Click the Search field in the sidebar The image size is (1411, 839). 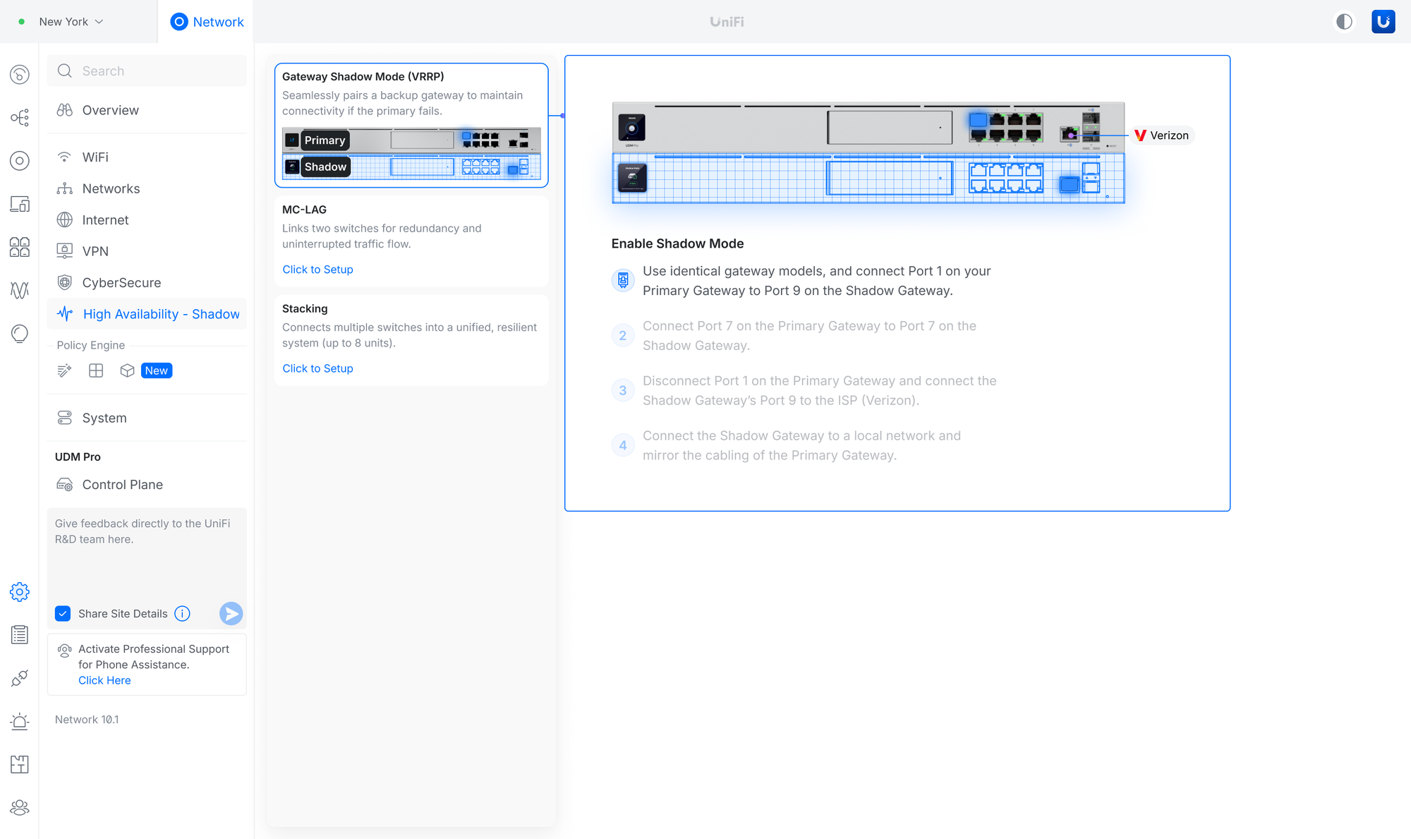coord(147,71)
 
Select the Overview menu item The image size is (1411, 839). coord(110,110)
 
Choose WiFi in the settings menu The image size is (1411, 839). coord(95,157)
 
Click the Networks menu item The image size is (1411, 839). coord(111,188)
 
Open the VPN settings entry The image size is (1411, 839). coord(95,251)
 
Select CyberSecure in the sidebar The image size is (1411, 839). coord(121,282)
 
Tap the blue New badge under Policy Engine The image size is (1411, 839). coord(157,370)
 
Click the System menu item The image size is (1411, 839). coord(104,418)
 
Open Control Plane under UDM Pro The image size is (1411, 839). coord(122,485)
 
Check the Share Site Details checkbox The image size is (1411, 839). coord(63,614)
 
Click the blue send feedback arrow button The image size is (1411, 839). coord(231,614)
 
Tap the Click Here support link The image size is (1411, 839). coord(104,680)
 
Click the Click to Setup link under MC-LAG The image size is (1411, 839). coord(317,270)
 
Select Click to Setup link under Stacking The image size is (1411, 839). coord(317,368)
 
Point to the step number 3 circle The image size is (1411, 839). coord(623,390)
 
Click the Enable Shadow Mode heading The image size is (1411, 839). coord(677,243)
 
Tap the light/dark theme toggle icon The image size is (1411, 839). coord(1344,22)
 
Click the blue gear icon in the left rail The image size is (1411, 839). coord(20,592)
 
